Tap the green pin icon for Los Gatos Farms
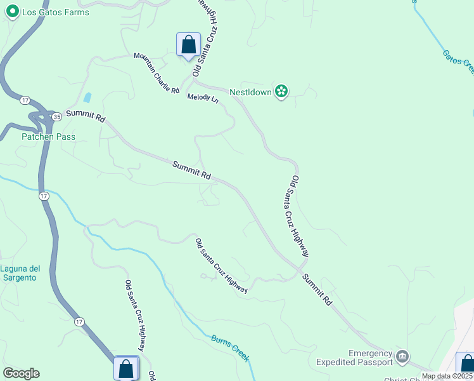point(11,12)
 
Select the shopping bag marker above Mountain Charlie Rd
point(188,45)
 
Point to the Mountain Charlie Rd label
point(157,73)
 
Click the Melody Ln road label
point(202,99)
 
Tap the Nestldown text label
point(250,92)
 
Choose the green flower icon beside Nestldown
point(281,92)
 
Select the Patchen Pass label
point(48,137)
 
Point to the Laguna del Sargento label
point(20,273)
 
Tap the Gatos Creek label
point(458,61)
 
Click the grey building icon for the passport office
point(402,358)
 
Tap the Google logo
point(21,373)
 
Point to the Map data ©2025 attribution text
point(447,376)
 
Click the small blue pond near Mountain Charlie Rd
point(87,98)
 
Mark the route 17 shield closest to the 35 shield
point(25,100)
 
